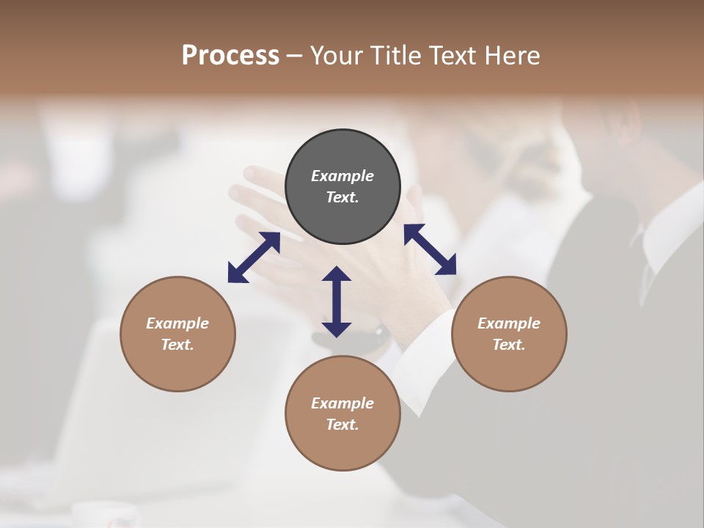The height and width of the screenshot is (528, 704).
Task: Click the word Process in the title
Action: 230,56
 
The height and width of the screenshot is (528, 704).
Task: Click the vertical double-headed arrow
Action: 337,301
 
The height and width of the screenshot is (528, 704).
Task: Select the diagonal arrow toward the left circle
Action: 254,257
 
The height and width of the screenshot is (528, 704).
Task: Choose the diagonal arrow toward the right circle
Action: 430,249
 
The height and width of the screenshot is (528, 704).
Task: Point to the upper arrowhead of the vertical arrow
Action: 337,274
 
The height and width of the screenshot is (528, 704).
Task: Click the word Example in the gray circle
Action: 342,176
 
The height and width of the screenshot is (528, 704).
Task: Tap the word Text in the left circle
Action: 177,345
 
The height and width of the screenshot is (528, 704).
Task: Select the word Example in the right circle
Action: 509,323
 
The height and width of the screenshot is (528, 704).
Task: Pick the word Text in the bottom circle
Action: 342,425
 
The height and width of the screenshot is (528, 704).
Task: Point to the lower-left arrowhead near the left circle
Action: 235,274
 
